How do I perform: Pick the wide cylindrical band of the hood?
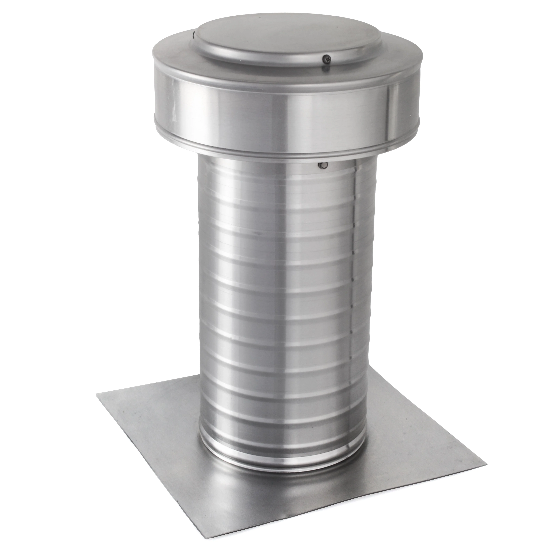(x=256, y=114)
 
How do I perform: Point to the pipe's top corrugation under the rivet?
(x=285, y=179)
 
